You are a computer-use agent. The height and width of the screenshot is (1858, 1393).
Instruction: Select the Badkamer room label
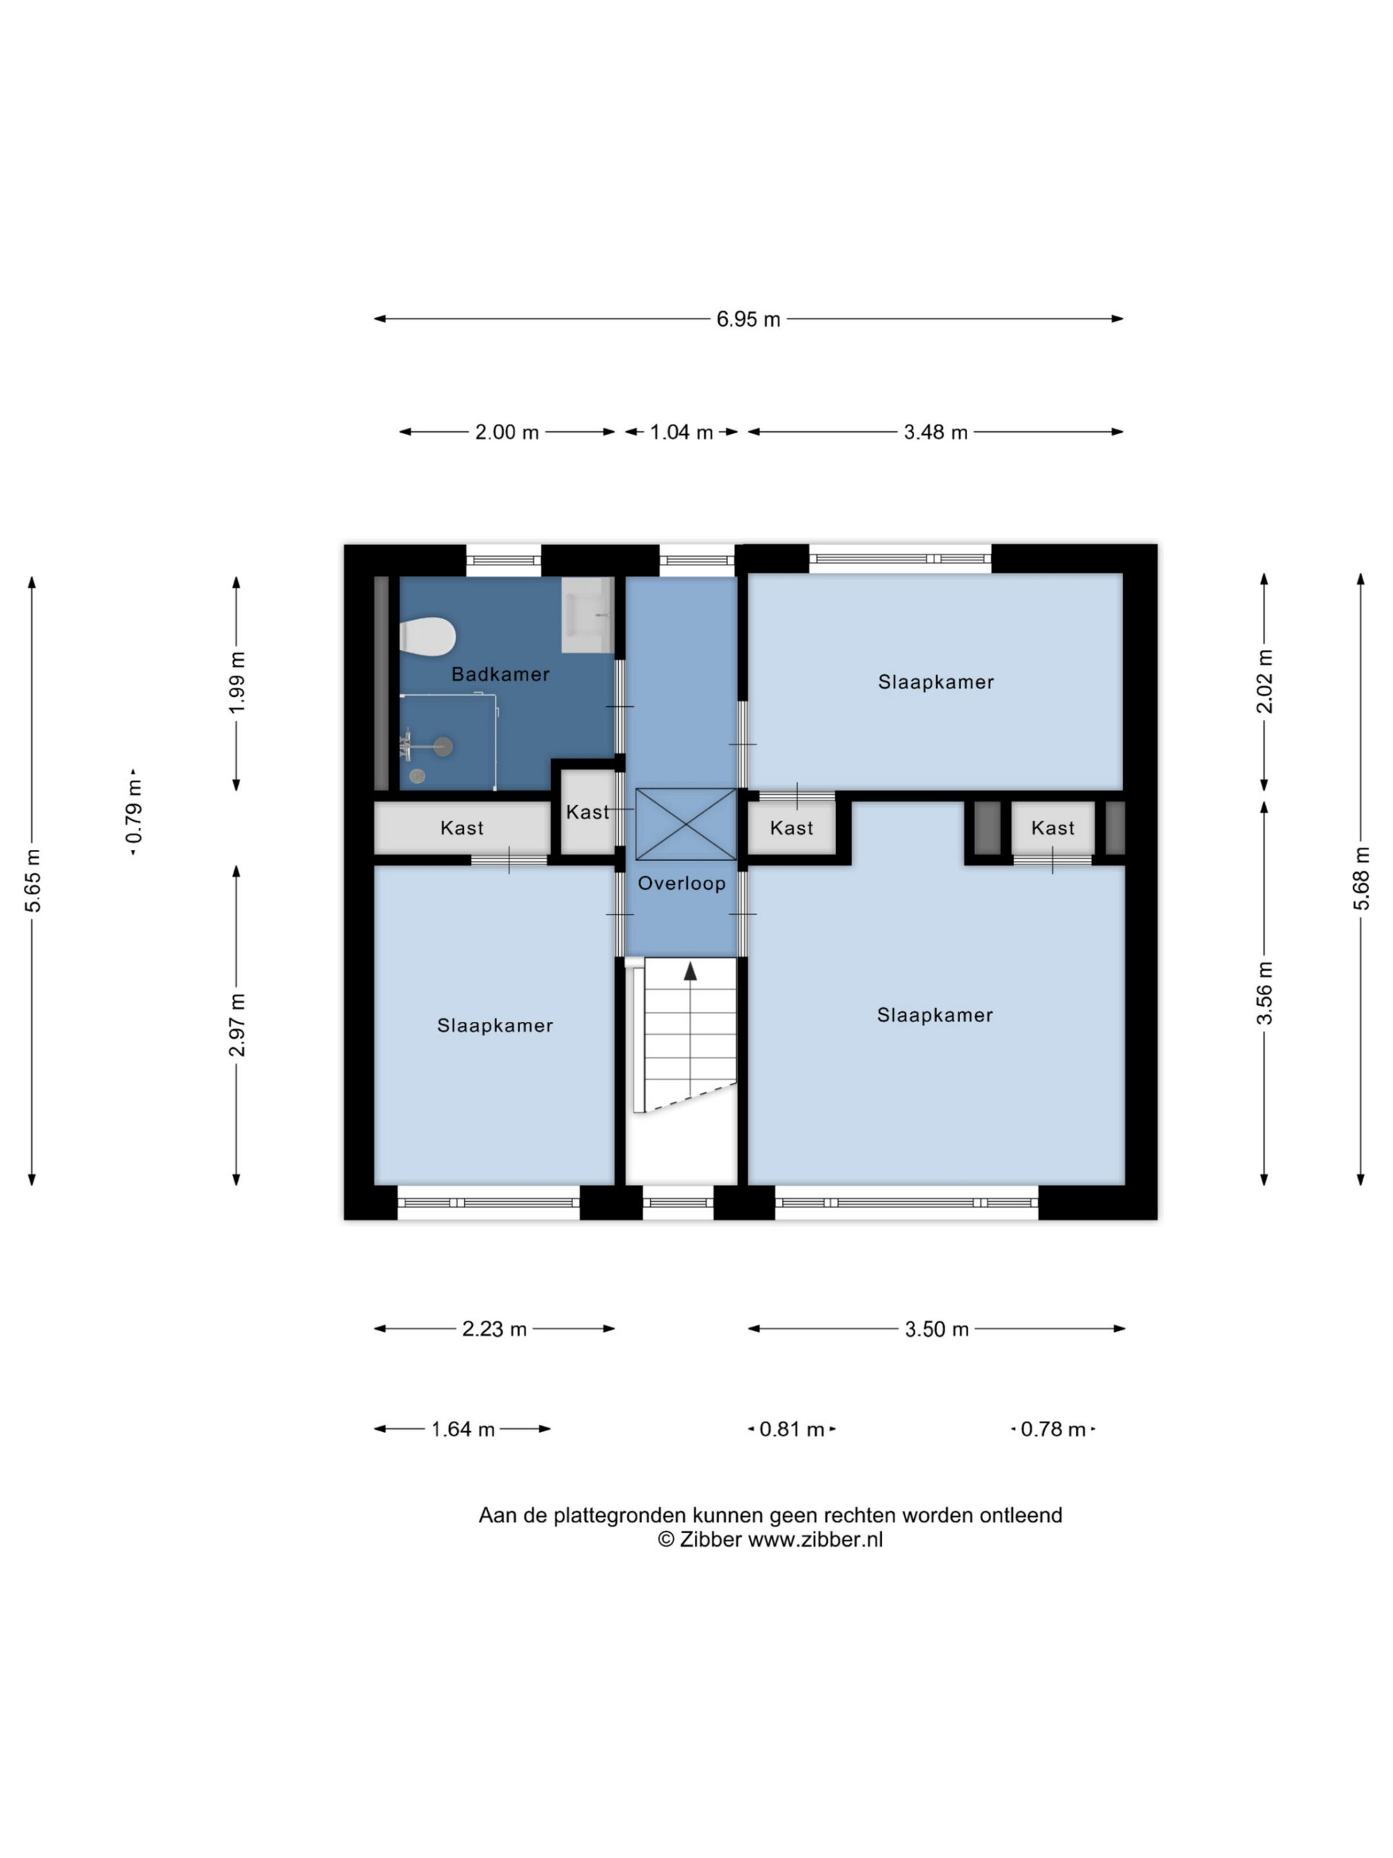point(501,674)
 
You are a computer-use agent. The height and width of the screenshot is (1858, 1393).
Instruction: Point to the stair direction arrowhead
point(690,971)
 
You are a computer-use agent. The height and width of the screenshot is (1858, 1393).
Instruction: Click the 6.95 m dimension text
point(748,319)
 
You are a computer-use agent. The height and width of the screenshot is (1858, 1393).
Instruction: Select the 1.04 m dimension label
point(681,432)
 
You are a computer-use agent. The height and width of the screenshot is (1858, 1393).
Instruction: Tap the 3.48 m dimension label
point(935,432)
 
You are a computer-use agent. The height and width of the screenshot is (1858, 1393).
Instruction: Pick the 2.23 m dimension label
point(495,1329)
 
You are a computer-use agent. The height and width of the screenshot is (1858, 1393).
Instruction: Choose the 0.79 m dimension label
point(133,811)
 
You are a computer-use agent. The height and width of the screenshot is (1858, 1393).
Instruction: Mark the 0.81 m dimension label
point(792,1429)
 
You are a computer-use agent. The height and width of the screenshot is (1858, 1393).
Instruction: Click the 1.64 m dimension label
point(463,1429)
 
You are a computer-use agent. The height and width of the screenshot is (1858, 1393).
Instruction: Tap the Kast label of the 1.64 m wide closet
point(462,828)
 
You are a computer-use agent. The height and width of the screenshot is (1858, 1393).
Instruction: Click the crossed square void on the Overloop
point(686,824)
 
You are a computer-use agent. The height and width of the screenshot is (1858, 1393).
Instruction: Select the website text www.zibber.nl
point(815,1539)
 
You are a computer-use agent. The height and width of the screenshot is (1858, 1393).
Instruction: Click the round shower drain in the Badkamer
point(417,776)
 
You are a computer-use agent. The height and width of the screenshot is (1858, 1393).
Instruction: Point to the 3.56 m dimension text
point(1264,993)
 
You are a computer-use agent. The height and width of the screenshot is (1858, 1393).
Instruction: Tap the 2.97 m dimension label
point(237,1025)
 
